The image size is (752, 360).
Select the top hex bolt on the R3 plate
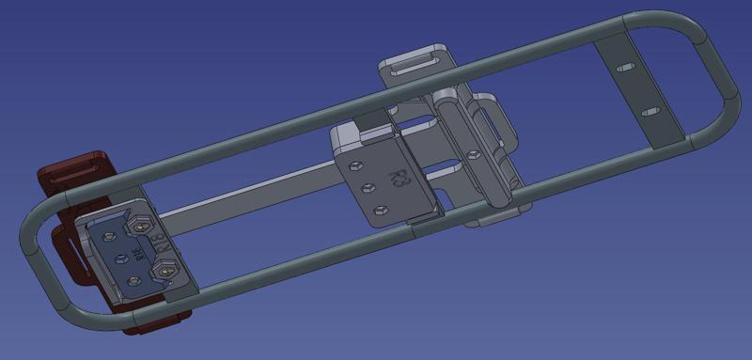coord(352,165)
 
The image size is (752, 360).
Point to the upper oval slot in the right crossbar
coord(622,70)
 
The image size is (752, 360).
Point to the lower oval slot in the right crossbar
coord(649,112)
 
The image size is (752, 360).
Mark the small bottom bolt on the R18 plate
coord(133,279)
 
